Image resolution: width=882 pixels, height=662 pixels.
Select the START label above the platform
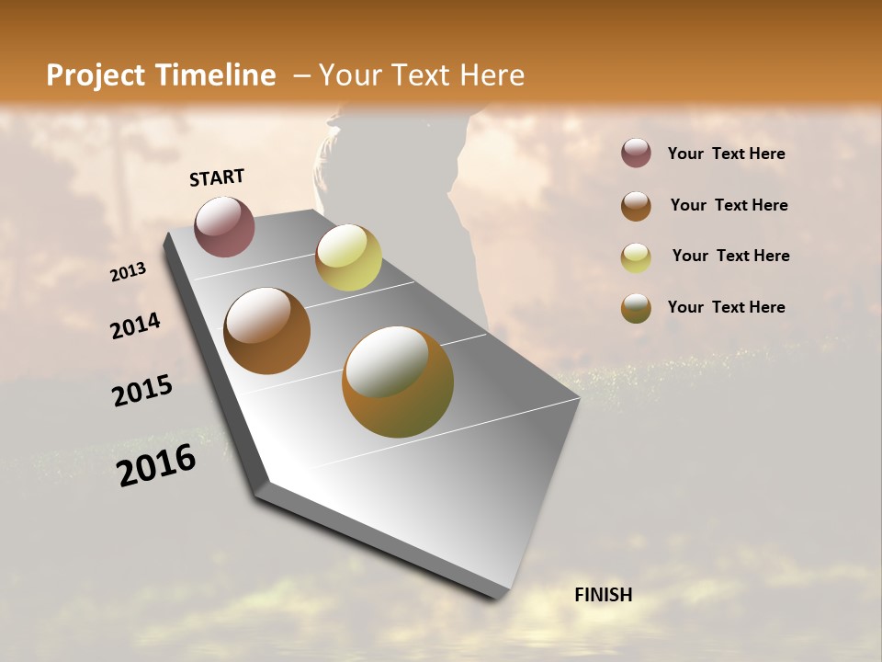pyautogui.click(x=217, y=177)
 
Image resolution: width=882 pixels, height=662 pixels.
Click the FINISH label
pyautogui.click(x=603, y=595)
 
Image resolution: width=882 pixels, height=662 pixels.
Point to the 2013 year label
pyautogui.click(x=129, y=272)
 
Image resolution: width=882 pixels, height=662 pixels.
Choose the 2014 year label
pyautogui.click(x=136, y=326)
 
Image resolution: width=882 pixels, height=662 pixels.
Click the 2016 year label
pyautogui.click(x=156, y=465)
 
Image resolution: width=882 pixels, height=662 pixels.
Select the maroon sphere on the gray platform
pyautogui.click(x=224, y=226)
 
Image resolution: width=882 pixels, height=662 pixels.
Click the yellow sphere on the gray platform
pyautogui.click(x=348, y=257)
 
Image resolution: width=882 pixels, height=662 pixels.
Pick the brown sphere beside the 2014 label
pyautogui.click(x=266, y=331)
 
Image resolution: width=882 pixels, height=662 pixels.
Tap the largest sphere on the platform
pyautogui.click(x=397, y=382)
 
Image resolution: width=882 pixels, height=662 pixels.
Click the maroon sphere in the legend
pyautogui.click(x=636, y=154)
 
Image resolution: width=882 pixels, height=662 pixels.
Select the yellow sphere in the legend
pyautogui.click(x=636, y=257)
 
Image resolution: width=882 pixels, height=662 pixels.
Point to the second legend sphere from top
pyautogui.click(x=636, y=206)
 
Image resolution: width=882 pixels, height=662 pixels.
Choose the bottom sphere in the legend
pyautogui.click(x=636, y=308)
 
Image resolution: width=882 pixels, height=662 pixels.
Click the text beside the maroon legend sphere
pyautogui.click(x=726, y=154)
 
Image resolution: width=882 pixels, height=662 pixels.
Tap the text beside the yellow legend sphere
pyautogui.click(x=730, y=256)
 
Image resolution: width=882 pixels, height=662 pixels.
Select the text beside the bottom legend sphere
pyautogui.click(x=726, y=307)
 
